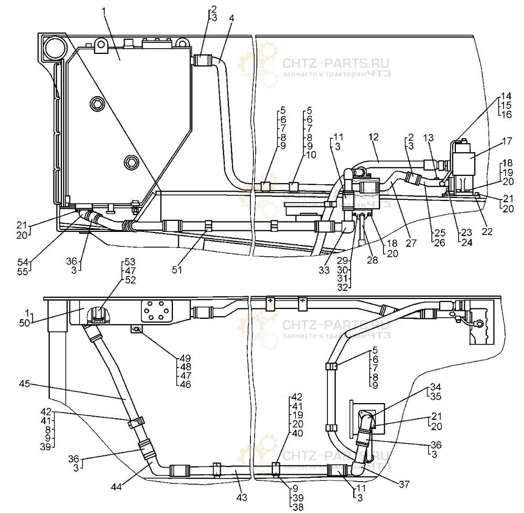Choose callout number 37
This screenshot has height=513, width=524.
(402, 485)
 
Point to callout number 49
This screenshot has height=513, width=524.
(184, 359)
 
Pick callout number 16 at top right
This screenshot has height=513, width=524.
(506, 114)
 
